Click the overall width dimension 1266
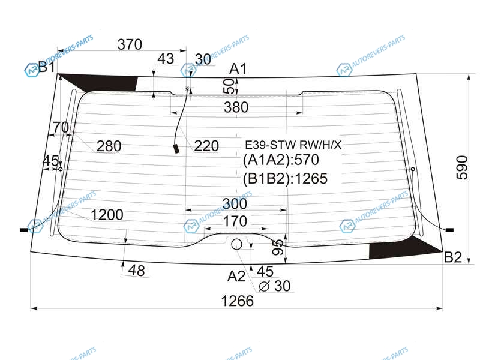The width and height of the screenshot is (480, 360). coord(237,301)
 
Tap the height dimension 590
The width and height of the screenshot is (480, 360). coord(462,167)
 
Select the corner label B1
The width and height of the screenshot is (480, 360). coord(47,67)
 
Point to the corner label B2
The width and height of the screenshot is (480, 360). coord(453,257)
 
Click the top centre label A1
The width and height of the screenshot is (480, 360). coord(238,68)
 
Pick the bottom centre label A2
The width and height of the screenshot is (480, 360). coord(236,276)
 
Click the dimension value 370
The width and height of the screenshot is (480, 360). coord(130,44)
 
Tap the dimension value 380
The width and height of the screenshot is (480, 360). coord(236,107)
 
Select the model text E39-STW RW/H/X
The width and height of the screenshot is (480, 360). coord(293,145)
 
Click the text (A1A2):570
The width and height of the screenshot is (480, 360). coord(281,160)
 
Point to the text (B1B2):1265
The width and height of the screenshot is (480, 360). coord(285,178)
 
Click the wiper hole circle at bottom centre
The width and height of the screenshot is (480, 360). coord(236,244)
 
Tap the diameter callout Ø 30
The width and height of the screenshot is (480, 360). coord(275,286)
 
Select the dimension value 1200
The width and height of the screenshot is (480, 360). coord(107,215)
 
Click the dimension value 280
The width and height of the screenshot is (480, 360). coord(109,146)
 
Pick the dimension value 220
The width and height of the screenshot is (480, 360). coord(206,146)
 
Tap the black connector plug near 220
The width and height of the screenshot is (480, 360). coord(176,149)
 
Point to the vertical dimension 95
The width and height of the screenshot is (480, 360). coord(278,247)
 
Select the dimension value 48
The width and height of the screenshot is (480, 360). coord(137,271)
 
